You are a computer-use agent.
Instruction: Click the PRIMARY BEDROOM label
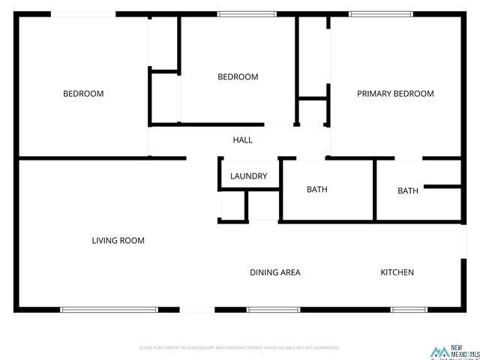coord(395,94)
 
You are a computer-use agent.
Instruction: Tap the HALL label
coord(242,140)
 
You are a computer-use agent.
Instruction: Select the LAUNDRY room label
coord(249,176)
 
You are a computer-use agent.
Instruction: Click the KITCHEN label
coord(397,272)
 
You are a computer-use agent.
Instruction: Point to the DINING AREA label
coord(275,272)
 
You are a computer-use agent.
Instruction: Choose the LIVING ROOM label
coord(118,241)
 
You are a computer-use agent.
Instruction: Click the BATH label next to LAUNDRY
coord(317,190)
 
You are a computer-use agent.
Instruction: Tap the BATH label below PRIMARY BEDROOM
coord(408,191)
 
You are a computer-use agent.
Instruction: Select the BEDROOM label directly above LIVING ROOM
coord(83,94)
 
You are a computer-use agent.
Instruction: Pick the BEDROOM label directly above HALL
coord(238,76)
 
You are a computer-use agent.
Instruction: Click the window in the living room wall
coord(109,309)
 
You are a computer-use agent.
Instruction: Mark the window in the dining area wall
coord(273,309)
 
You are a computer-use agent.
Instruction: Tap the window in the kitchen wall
coord(409,309)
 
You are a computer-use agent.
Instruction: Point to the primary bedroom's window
coord(381,13)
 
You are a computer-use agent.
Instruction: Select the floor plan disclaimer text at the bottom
coord(240,348)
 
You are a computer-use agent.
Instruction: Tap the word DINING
coord(264,272)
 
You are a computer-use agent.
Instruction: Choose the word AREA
coord(290,272)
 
